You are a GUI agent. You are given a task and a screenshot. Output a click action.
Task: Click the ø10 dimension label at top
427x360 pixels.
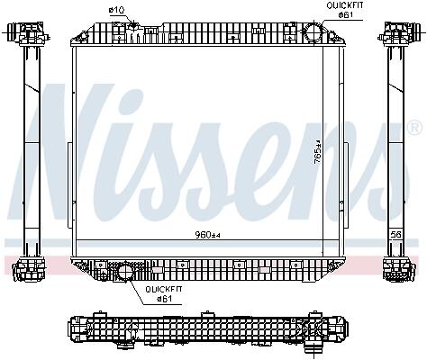pos(116,10)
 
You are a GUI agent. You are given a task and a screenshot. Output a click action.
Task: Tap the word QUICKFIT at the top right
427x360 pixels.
pos(345,5)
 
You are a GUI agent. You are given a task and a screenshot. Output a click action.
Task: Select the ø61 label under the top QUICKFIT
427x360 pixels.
pos(345,14)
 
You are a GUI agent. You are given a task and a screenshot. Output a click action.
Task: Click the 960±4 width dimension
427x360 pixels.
pos(208,235)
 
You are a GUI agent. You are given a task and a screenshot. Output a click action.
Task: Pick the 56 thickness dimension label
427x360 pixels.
pos(396,234)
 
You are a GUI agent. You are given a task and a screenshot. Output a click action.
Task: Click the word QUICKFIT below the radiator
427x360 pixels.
pos(164,290)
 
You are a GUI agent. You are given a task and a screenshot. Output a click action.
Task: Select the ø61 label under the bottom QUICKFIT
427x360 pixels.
pos(164,299)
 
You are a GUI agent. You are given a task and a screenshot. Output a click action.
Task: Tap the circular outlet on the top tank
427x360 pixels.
pos(313,31)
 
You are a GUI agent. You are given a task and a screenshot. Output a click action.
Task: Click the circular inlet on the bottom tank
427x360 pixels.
pos(125,271)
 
